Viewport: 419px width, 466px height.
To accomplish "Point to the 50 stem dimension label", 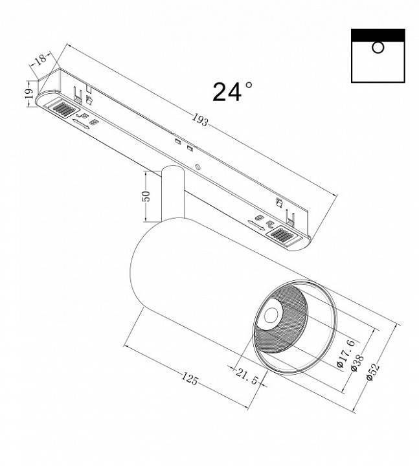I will tap(146, 195).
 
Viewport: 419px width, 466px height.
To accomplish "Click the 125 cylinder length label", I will tap(189, 379).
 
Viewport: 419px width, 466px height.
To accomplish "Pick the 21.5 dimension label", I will tap(247, 373).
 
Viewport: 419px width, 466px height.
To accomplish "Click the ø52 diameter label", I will tap(372, 374).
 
